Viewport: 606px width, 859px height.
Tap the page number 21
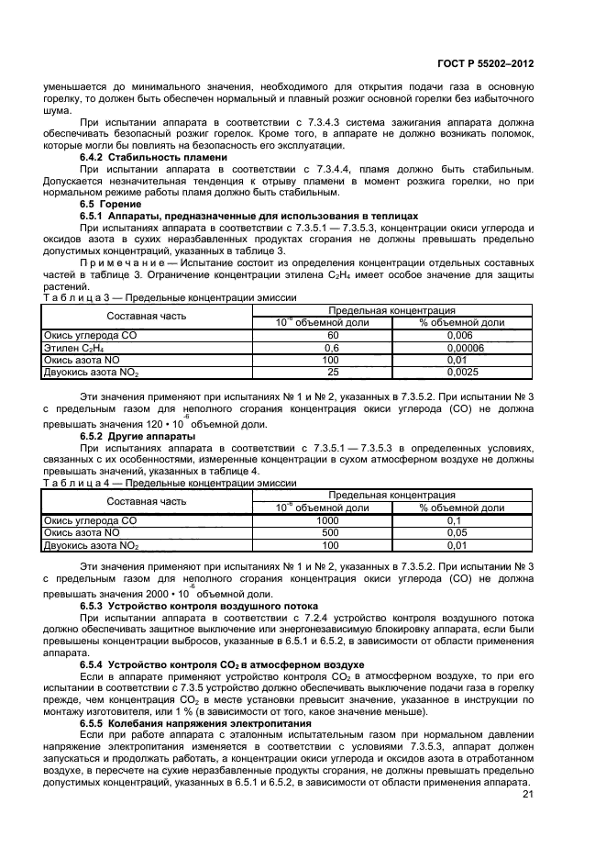point(527,795)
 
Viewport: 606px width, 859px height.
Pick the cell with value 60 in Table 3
point(333,336)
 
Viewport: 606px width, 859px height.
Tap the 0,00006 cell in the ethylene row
point(462,348)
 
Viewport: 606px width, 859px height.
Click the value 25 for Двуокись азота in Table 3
point(333,372)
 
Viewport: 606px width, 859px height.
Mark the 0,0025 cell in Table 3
point(462,372)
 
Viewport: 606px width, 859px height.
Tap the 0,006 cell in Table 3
point(462,336)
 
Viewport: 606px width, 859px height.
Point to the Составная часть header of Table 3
point(147,317)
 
